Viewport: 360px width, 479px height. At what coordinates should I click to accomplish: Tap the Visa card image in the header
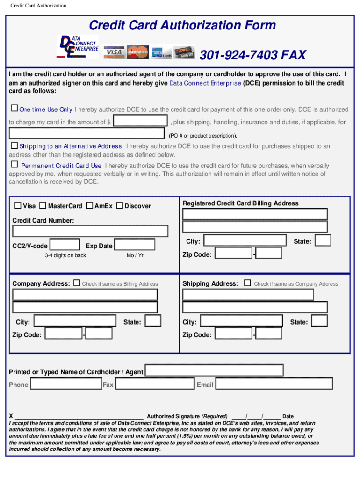[114, 52]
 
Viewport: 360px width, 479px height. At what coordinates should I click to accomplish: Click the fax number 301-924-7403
[252, 56]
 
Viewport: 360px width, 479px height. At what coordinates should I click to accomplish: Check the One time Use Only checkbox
[14, 109]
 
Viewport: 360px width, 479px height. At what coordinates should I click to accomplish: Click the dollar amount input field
[141, 121]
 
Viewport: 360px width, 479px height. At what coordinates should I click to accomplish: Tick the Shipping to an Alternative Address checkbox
[14, 146]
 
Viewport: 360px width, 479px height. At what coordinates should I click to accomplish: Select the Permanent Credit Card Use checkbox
[14, 165]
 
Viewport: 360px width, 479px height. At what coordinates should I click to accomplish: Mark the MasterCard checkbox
[43, 205]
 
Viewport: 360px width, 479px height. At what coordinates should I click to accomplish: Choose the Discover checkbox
[119, 205]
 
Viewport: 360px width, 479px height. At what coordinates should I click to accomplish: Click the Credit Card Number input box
[90, 231]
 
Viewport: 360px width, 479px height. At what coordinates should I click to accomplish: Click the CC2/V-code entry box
[65, 245]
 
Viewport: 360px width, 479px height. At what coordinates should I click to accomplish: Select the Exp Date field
[135, 245]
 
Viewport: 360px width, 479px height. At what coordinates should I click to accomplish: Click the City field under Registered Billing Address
[245, 240]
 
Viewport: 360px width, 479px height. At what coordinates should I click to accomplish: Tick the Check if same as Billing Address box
[77, 283]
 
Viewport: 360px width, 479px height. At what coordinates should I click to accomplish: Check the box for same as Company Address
[247, 283]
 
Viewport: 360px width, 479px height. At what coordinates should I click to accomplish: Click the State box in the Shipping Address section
[320, 321]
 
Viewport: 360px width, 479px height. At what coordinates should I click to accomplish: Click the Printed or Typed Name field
[214, 370]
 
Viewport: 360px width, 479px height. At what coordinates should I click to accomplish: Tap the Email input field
[274, 384]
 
